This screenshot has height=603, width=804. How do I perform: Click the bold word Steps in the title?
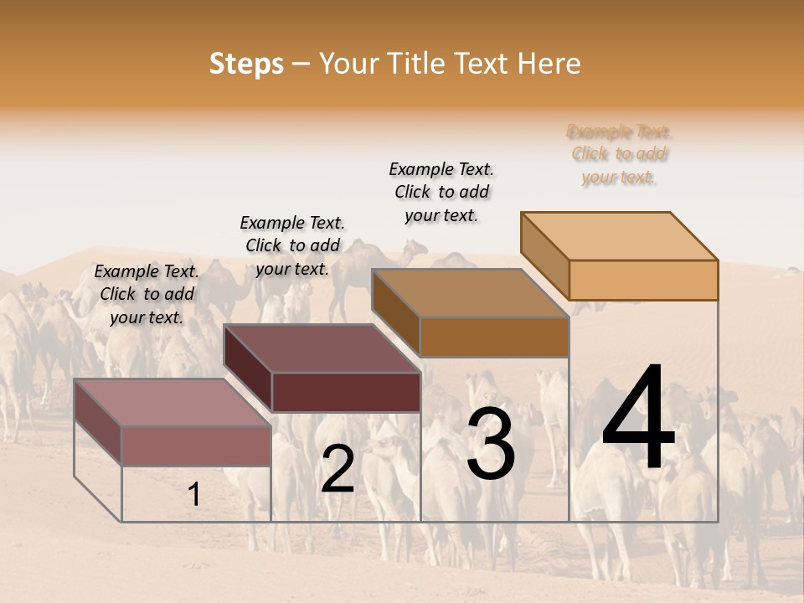tap(246, 64)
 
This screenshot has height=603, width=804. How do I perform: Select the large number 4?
tap(638, 420)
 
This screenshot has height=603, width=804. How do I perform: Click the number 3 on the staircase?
tap(490, 444)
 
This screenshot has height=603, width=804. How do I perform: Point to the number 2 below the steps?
tap(338, 469)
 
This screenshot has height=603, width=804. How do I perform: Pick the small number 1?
tap(193, 494)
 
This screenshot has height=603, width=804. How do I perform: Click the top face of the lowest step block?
tap(172, 402)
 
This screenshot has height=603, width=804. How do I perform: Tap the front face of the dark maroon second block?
tap(346, 392)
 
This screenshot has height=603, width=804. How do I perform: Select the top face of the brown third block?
tap(470, 293)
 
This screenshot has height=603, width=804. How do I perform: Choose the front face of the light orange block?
tap(643, 280)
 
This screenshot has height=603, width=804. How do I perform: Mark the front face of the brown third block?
tap(494, 337)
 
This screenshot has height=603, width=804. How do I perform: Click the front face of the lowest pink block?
tap(196, 446)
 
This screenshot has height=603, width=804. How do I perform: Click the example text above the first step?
tap(147, 294)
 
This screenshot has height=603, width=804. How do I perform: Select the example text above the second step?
tap(292, 245)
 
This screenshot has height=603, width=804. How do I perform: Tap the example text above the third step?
tap(441, 192)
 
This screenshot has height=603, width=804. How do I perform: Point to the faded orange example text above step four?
tap(620, 154)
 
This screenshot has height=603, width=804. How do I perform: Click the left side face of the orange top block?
tap(545, 255)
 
